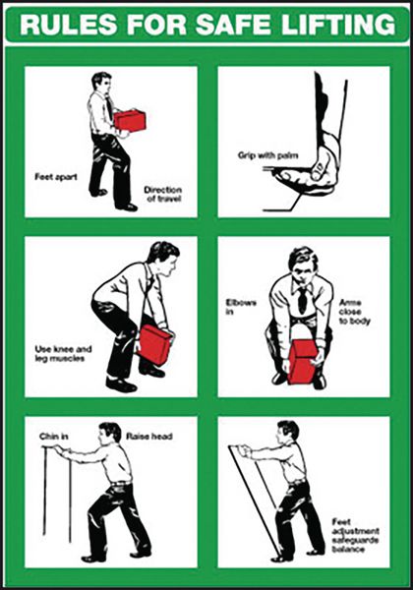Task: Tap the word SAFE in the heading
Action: click(232, 24)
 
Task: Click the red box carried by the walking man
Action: click(130, 120)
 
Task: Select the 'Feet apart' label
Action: click(56, 176)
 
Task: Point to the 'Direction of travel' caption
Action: click(163, 194)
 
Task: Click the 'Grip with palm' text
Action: click(267, 155)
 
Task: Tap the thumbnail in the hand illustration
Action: click(318, 165)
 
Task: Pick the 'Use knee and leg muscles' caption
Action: click(63, 353)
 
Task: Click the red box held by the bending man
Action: click(155, 345)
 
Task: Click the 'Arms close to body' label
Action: click(354, 312)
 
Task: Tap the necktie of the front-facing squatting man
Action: click(302, 300)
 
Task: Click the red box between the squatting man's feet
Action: click(304, 362)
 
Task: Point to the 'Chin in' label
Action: click(54, 437)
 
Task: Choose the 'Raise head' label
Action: click(149, 437)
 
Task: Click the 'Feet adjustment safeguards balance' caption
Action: click(355, 536)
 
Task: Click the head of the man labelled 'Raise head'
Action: click(109, 434)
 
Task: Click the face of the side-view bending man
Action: click(171, 265)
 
